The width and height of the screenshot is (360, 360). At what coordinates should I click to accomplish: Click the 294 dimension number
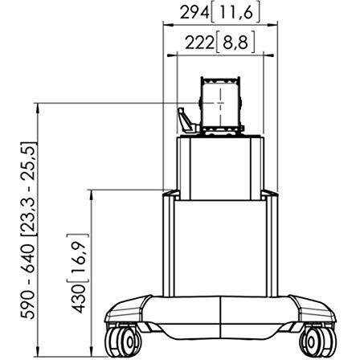point(194,13)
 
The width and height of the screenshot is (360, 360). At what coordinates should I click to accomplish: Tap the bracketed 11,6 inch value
point(235,13)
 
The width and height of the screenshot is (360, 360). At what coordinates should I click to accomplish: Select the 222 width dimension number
point(200,43)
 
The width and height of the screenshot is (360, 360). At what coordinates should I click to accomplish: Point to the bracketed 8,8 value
point(235,43)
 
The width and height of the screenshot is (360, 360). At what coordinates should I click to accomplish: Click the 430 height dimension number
point(80,299)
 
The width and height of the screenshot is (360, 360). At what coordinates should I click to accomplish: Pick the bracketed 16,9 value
point(78,259)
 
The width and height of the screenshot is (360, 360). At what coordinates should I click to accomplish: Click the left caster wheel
point(123,342)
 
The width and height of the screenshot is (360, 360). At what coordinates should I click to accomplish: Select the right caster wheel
point(317,342)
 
